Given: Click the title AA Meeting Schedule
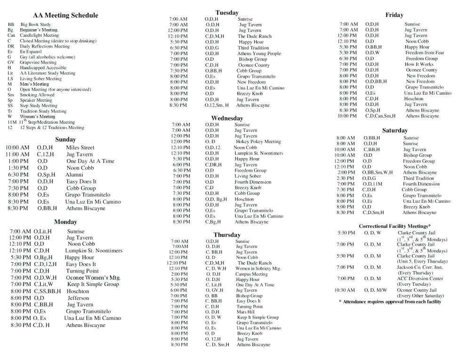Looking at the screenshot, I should tap(65, 16).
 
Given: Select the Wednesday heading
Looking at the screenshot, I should tap(227, 118).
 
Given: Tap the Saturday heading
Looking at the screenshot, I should tap(394, 130).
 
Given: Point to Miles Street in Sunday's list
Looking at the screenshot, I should tap(80, 147).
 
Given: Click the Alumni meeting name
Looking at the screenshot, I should tap(74, 174).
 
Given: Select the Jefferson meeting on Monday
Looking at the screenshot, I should tap(78, 298).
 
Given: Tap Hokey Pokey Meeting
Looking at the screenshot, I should tap(258, 142).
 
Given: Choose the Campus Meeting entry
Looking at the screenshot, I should tap(251, 274).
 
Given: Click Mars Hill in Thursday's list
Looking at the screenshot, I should tap(245, 312).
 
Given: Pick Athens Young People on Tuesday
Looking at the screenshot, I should tap(258, 54).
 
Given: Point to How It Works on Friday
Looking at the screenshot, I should tap(418, 64).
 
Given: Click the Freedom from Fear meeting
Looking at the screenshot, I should tap(424, 53).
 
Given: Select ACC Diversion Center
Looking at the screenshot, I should tap(420, 279).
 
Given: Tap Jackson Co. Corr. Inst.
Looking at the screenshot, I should tap(419, 267).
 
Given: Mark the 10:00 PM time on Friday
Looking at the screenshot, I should tap(347, 116).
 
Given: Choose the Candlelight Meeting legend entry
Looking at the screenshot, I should tap(39, 35).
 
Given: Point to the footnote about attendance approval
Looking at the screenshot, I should tap(390, 302).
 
